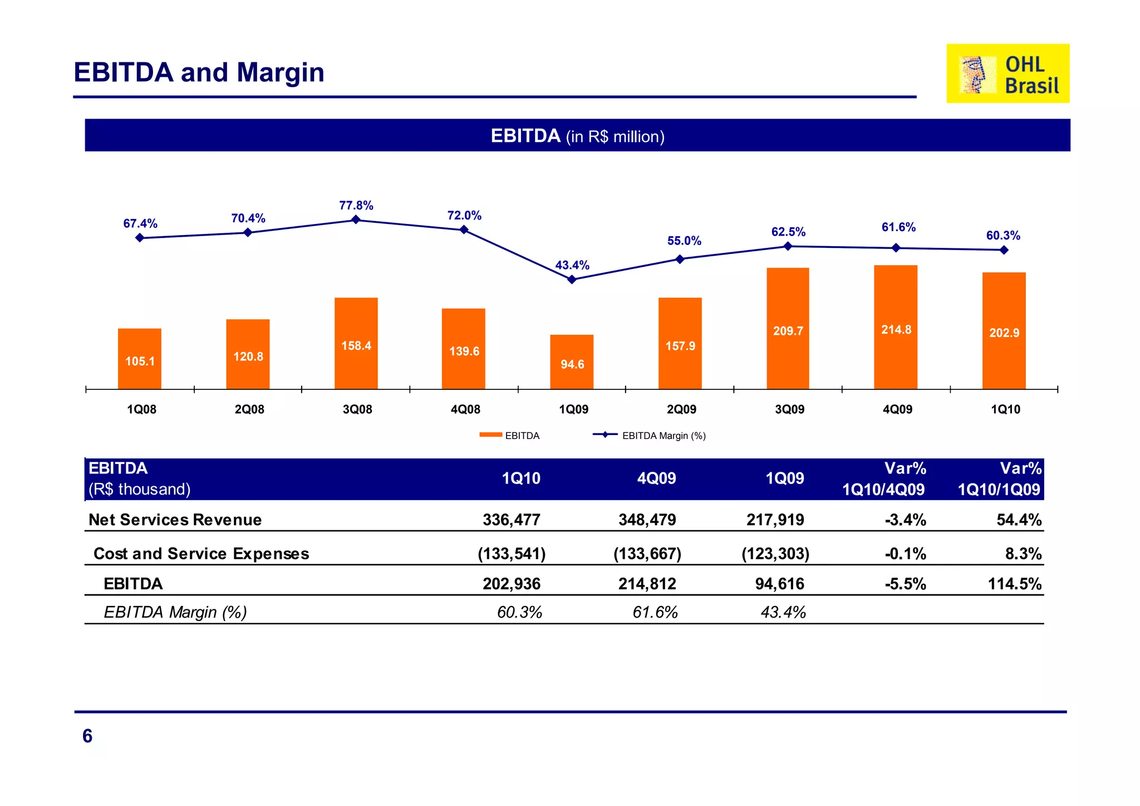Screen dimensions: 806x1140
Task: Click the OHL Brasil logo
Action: [x=1008, y=74]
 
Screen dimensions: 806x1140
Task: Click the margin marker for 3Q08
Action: [x=356, y=220]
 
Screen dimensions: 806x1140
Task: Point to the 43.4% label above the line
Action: [x=572, y=265]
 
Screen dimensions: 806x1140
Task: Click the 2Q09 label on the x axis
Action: [x=681, y=409]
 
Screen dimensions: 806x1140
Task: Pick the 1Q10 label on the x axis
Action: [x=1005, y=409]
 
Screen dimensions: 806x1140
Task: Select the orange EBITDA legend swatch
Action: [x=490, y=435]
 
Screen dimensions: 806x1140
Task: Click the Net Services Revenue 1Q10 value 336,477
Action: [x=511, y=520]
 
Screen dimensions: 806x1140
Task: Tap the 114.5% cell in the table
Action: [x=1014, y=584]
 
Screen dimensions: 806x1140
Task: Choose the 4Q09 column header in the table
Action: [x=656, y=478]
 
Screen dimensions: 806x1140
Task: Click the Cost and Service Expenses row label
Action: [x=201, y=554]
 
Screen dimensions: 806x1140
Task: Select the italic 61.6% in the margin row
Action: [x=655, y=612]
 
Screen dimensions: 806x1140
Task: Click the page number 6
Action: [x=87, y=736]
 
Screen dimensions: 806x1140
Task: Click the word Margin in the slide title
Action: [x=281, y=73]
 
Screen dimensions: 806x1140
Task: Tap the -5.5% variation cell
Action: [x=905, y=584]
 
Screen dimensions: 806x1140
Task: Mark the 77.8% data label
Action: [x=356, y=206]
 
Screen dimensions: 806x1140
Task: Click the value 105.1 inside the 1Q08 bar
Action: [x=140, y=361]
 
